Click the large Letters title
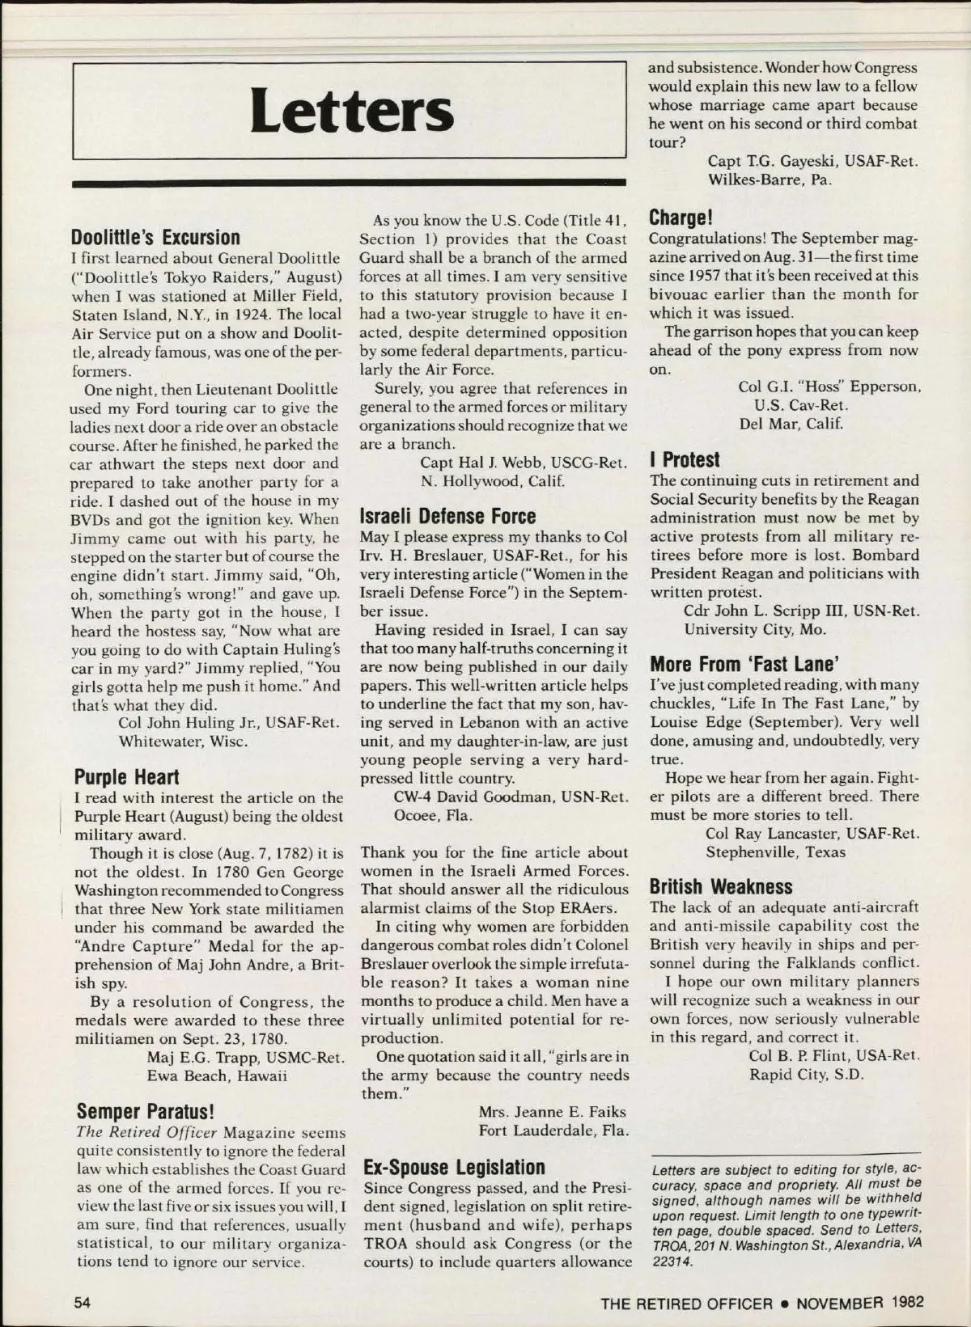pos(351,112)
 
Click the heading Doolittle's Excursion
pos(155,238)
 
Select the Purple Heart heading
pos(126,777)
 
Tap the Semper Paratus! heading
pos(145,1112)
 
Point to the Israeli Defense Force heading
pos(447,516)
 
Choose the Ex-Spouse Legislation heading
pos(454,1167)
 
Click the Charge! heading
pos(681,218)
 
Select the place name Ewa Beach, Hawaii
pos(217,1076)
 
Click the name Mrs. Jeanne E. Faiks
pos(552,1112)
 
